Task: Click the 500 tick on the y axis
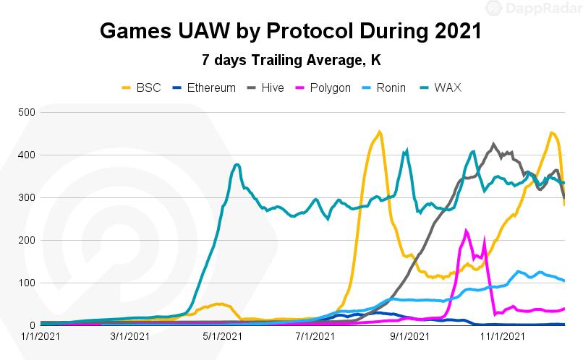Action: [27, 113]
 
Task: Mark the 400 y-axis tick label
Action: [27, 155]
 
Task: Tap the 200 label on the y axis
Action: [27, 241]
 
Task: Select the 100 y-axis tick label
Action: [27, 283]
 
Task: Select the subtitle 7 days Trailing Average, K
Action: [291, 60]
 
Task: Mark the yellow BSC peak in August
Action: [380, 132]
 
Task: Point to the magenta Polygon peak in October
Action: [467, 231]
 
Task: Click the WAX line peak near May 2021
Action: [237, 165]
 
